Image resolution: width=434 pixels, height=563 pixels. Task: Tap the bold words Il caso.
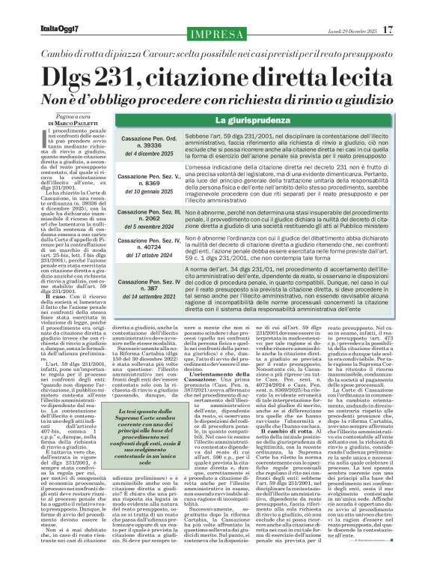(41, 360)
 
